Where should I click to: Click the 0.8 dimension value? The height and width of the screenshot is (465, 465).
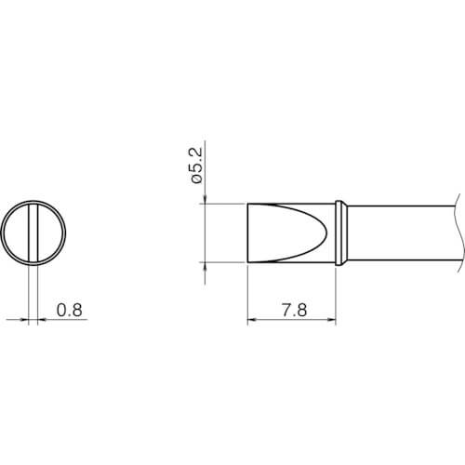70,310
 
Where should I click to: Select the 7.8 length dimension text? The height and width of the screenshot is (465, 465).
294,310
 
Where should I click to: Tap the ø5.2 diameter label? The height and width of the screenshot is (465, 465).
196,166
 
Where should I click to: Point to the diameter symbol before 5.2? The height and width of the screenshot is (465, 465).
196,179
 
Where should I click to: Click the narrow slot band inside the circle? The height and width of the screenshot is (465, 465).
33,232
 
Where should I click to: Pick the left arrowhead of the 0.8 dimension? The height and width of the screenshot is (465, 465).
24,319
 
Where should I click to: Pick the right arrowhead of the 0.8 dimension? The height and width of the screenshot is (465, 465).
42,319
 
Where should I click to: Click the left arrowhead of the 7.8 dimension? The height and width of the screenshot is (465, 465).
252,319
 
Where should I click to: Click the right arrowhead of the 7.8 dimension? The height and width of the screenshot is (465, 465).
331,319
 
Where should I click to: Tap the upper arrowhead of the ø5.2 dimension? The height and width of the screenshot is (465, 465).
205,199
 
